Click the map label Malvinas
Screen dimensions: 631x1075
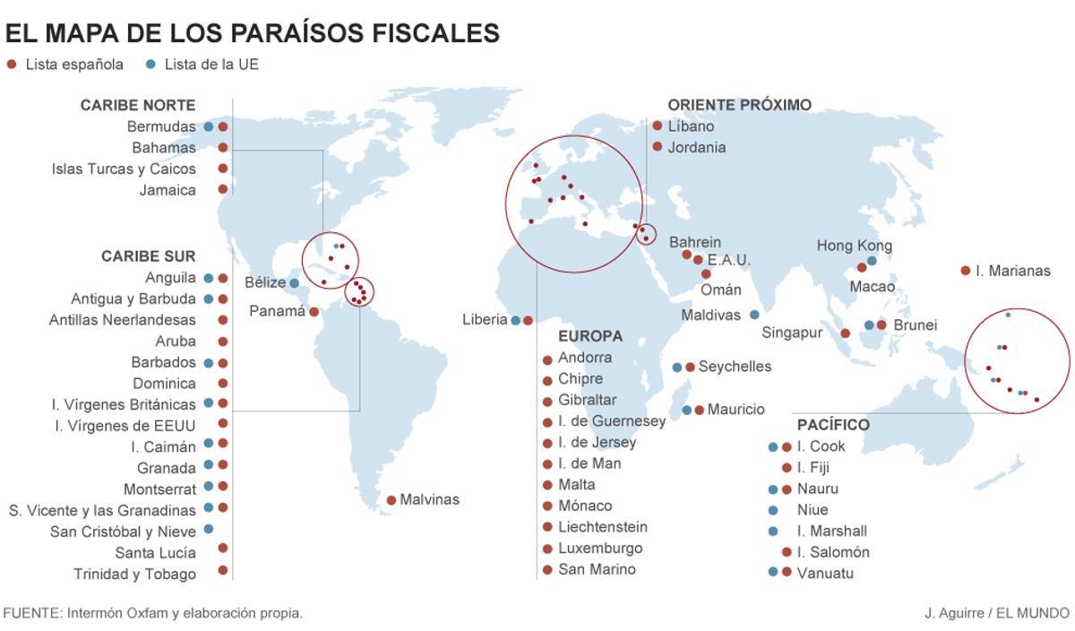[429, 499]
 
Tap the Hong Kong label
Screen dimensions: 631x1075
[854, 246]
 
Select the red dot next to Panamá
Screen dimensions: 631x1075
[314, 312]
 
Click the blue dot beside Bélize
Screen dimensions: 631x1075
[294, 283]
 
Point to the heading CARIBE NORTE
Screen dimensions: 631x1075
[138, 105]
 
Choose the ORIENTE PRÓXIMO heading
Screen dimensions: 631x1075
[739, 105]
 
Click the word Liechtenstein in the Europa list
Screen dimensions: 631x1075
[602, 527]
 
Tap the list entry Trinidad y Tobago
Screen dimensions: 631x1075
[134, 574]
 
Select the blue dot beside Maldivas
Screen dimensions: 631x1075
[754, 315]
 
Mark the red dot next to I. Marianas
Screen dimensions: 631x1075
[965, 270]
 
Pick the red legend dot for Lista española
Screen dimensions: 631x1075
[11, 65]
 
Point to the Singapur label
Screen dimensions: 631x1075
[792, 333]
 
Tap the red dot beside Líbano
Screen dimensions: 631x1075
[658, 126]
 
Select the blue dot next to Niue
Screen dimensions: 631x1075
[773, 510]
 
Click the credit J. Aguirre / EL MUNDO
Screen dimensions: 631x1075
[996, 613]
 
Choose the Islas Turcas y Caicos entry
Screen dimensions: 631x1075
[124, 169]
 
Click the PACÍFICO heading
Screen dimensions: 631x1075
[833, 425]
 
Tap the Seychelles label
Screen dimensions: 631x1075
[735, 367]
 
